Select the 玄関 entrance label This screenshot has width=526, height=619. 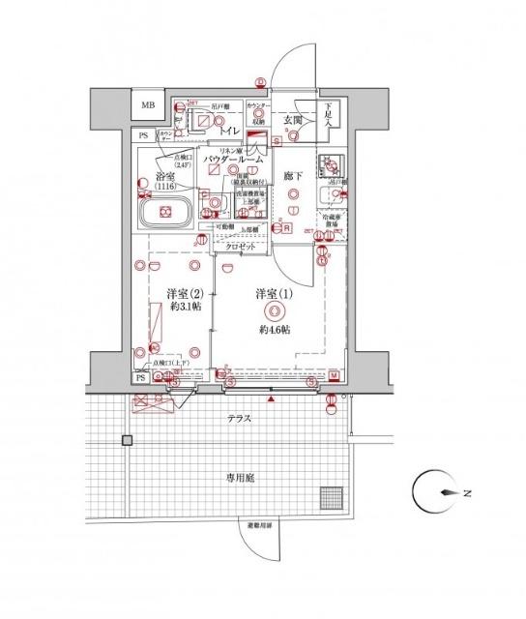(x=294, y=119)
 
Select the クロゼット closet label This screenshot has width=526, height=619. (x=241, y=248)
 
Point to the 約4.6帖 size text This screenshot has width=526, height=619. (x=275, y=330)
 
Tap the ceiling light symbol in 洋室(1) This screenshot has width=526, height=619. (x=274, y=311)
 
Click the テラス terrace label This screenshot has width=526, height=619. (x=240, y=419)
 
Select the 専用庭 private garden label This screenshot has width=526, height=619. (x=240, y=476)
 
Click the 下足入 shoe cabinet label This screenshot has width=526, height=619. (x=329, y=114)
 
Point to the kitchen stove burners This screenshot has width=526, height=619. (x=335, y=162)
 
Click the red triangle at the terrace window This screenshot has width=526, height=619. (x=273, y=398)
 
